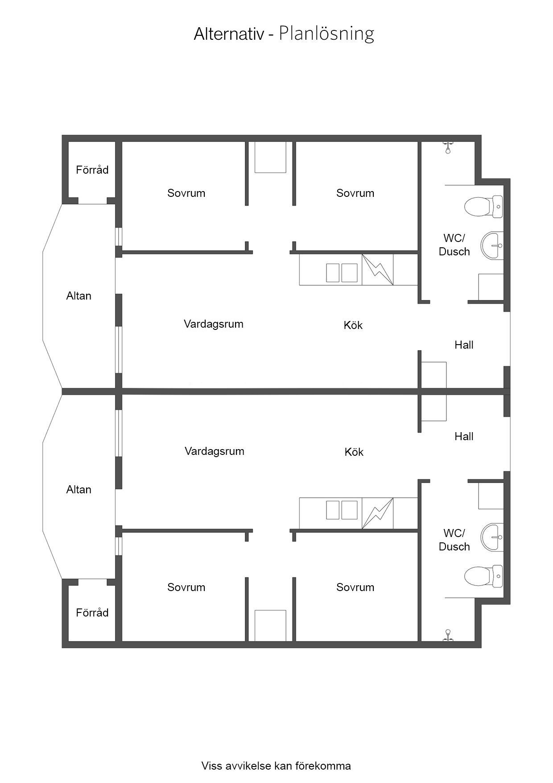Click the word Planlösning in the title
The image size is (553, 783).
(x=326, y=34)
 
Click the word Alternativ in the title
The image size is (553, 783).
(x=229, y=34)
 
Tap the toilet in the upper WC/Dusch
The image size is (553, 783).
(x=483, y=207)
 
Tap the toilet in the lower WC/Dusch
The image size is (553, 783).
(x=483, y=576)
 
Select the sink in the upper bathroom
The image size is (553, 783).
(x=492, y=245)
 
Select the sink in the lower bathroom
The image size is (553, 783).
(x=492, y=537)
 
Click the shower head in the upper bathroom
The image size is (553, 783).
(x=447, y=147)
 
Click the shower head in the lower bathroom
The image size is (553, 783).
(x=447, y=635)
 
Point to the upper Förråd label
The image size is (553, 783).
(x=92, y=170)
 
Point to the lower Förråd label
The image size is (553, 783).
(x=92, y=612)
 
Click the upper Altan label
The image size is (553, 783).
(x=79, y=296)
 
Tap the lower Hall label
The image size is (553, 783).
(x=464, y=436)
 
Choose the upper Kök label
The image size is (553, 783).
(x=353, y=325)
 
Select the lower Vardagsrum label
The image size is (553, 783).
(x=215, y=451)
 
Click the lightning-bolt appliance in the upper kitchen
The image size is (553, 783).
(x=378, y=269)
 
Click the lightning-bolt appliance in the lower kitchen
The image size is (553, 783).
(x=378, y=513)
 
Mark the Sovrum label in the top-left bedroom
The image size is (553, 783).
(x=186, y=193)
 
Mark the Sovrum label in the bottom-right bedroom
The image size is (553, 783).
(x=355, y=587)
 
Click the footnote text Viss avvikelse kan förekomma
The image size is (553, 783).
(x=276, y=766)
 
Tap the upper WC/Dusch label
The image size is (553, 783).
(x=454, y=245)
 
